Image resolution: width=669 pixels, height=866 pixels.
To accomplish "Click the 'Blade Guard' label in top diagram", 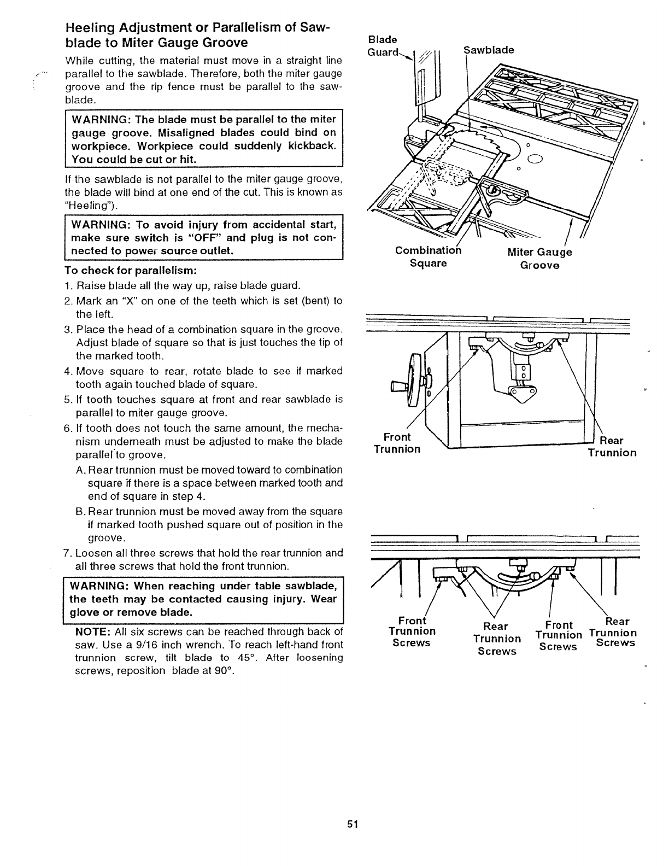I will coord(382,46).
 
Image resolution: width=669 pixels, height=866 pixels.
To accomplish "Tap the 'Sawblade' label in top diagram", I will coord(489,50).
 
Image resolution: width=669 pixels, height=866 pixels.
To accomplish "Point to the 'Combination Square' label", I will coord(429,257).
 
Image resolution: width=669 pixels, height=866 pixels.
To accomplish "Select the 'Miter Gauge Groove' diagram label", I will coord(539,259).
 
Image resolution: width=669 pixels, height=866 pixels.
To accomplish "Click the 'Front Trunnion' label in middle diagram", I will coord(397,443).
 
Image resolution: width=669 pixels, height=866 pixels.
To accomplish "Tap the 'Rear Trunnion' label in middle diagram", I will coord(612,447).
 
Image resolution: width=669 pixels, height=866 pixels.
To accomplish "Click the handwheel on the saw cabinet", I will coord(416,378).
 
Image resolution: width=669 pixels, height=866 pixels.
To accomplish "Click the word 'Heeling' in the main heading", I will coord(88,28).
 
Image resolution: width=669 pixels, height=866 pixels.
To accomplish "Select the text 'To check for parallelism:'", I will coord(131,271).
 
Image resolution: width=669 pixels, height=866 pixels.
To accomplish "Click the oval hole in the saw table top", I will coord(534,160).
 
